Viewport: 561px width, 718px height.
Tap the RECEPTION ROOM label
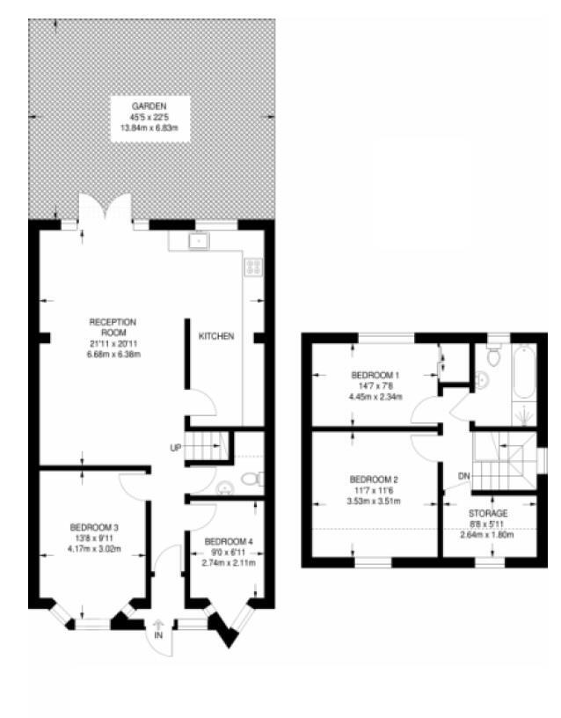tap(112, 326)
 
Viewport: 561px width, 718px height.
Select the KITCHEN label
tap(216, 337)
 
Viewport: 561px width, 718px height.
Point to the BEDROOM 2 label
tap(373, 480)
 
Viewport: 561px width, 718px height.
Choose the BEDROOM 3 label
tap(94, 528)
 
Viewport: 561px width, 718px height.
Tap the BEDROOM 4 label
tap(228, 541)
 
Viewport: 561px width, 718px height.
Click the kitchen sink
tap(200, 238)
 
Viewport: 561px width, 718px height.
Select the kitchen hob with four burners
tap(253, 267)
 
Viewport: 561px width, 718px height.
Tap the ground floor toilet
tap(251, 480)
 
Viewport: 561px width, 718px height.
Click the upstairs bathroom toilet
tap(492, 357)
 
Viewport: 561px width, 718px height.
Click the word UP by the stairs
tap(176, 449)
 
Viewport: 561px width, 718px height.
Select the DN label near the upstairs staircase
tap(463, 476)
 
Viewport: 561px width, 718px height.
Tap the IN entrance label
tap(159, 634)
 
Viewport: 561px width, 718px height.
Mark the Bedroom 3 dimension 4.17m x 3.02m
tap(94, 550)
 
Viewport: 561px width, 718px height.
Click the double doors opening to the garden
tap(106, 211)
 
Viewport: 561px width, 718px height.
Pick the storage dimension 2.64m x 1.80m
tap(486, 534)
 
